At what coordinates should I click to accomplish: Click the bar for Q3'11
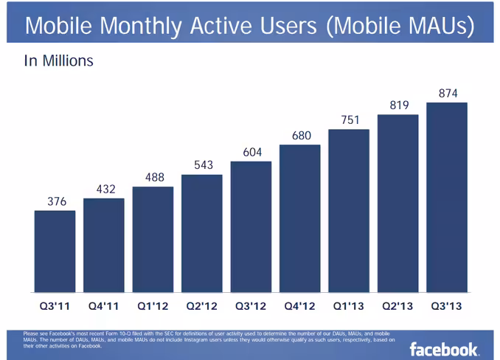55,252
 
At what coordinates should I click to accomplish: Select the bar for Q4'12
300,218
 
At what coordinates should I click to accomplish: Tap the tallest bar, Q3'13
447,198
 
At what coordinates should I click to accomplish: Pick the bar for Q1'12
153,240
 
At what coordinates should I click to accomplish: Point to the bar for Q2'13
398,204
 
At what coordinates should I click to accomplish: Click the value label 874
448,94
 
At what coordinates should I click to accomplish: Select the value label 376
57,201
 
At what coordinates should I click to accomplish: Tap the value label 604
252,153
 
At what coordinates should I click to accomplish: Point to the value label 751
350,120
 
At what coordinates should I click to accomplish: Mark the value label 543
204,165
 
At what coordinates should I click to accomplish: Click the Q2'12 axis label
201,306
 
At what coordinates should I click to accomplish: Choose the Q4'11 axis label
104,306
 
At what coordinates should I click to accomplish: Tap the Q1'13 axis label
349,306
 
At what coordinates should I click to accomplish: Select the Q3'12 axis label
251,306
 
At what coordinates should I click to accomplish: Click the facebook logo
444,350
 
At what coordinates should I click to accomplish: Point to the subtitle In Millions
59,60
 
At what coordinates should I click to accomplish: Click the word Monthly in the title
141,27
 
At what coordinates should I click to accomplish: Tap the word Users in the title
288,25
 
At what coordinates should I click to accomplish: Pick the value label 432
106,190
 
